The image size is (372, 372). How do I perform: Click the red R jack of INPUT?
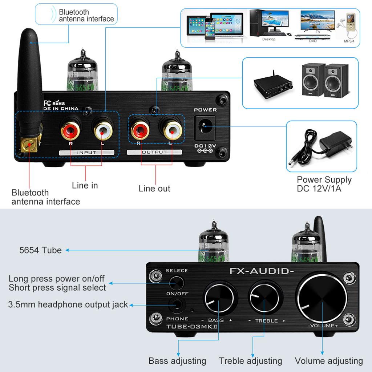[70, 131]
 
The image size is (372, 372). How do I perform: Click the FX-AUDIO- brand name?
[262, 271]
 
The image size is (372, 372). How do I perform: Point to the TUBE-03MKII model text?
[192, 326]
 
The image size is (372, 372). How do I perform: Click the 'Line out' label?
[154, 189]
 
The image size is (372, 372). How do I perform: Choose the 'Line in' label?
[85, 185]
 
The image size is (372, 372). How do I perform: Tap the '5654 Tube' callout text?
[40, 250]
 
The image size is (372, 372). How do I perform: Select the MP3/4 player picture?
[350, 24]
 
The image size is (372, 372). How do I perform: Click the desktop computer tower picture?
[258, 23]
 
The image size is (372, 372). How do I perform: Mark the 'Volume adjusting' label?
[328, 361]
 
